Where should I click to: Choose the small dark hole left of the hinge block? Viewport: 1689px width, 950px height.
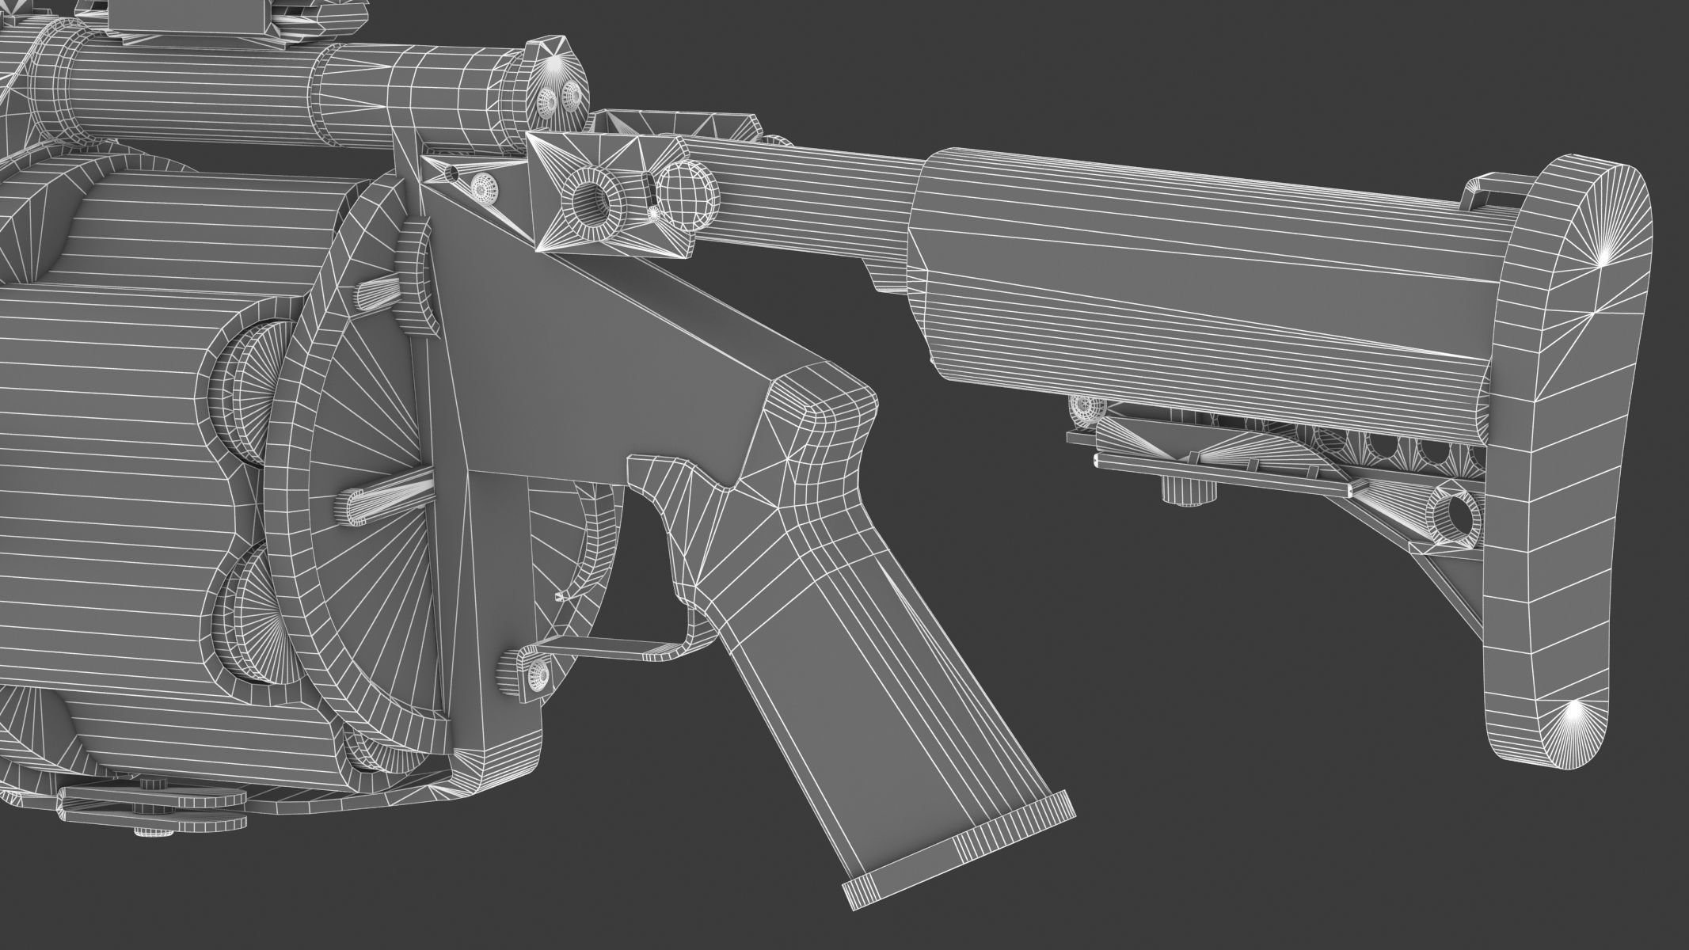point(452,172)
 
